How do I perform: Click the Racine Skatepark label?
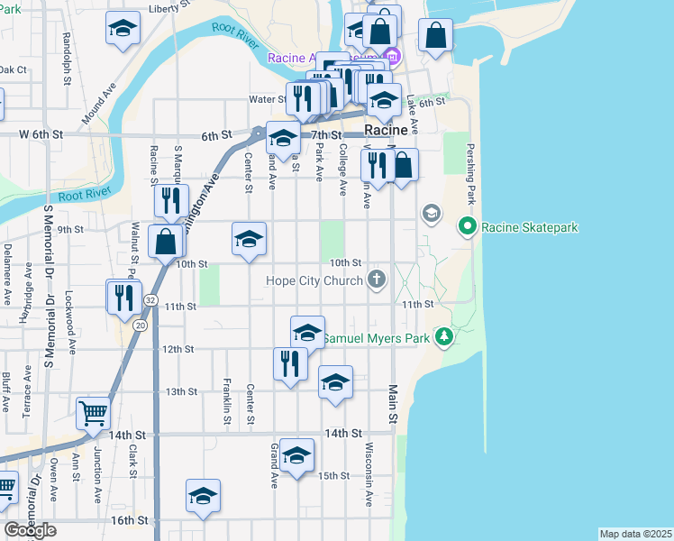[x=530, y=228]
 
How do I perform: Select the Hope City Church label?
[x=314, y=280]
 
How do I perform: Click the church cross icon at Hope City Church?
[x=377, y=280]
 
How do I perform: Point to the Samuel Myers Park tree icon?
[x=442, y=337]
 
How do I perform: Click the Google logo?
[x=30, y=530]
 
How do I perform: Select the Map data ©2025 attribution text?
[x=635, y=534]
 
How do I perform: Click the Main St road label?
[x=393, y=406]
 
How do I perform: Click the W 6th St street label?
[x=41, y=133]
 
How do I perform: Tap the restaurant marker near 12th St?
[x=289, y=363]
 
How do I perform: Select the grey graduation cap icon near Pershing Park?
[x=431, y=213]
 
